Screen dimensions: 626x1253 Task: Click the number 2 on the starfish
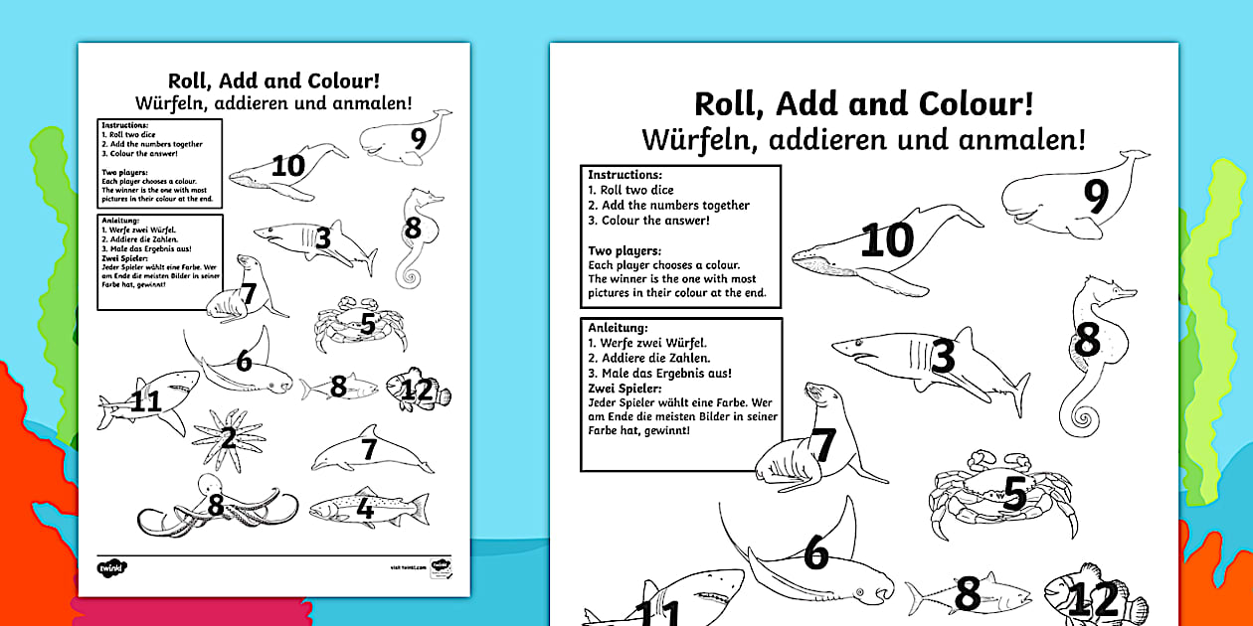(229, 438)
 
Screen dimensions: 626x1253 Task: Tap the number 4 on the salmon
(365, 510)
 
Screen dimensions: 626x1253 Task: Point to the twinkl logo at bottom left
(107, 567)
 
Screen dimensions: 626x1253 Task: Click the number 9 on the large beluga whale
(1095, 196)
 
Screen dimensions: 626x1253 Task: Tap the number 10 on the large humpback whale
(887, 240)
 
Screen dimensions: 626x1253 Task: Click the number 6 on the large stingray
(815, 554)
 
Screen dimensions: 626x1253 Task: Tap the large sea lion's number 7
(825, 446)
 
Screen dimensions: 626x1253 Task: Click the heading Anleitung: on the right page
(619, 327)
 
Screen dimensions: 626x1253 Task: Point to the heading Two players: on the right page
(625, 251)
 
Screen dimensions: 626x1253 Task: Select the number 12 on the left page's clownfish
(418, 391)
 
